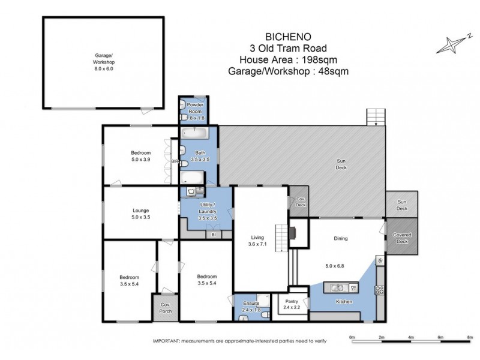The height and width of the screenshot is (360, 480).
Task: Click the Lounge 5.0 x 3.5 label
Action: pyautogui.click(x=141, y=214)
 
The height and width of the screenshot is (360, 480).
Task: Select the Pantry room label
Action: pyautogui.click(x=291, y=304)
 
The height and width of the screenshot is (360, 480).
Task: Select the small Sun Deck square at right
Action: pyautogui.click(x=401, y=205)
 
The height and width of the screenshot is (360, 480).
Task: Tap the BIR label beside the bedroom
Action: pyautogui.click(x=175, y=162)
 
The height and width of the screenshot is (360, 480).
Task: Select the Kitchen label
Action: pyautogui.click(x=344, y=301)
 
